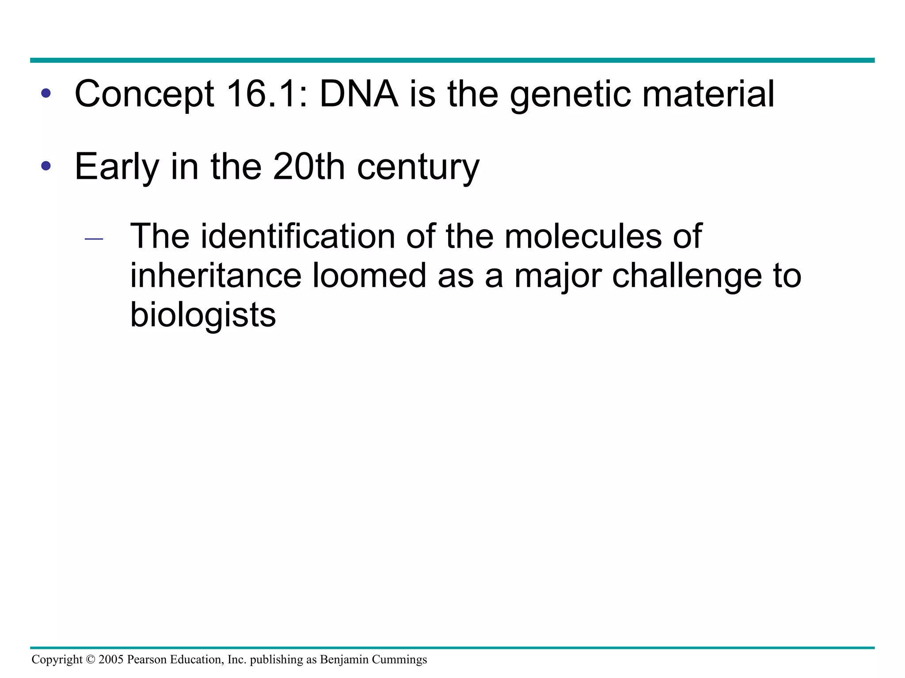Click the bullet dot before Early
coord(46,166)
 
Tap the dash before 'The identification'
coord(94,239)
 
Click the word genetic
coord(570,95)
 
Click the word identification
coord(298,236)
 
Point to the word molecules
coord(583,236)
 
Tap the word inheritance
coord(216,275)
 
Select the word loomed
coord(369,275)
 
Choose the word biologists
coord(203,316)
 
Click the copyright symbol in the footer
coord(91,659)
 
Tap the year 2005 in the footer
coord(111,659)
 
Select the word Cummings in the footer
coord(399,660)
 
